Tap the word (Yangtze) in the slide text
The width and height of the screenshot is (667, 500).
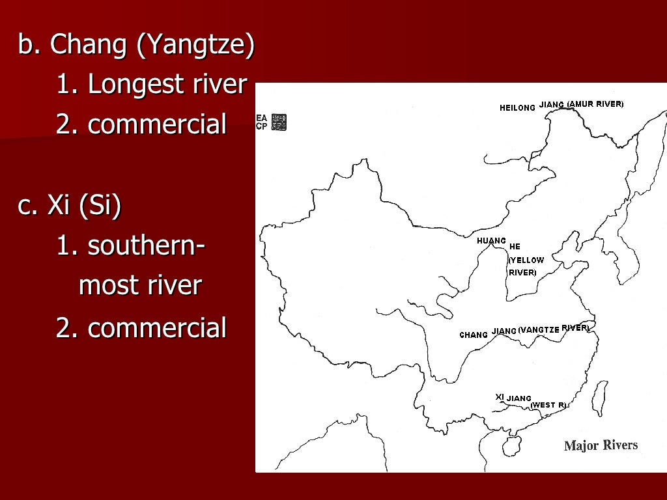(198, 46)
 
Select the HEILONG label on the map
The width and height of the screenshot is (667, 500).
(517, 107)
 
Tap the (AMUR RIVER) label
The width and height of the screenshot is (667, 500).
(595, 104)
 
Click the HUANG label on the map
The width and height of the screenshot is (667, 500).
(491, 241)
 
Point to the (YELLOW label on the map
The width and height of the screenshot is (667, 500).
(526, 260)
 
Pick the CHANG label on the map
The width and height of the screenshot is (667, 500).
(474, 335)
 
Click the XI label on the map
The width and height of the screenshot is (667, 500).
(500, 396)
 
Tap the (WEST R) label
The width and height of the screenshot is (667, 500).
(548, 405)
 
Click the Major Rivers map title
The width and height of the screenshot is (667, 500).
(601, 445)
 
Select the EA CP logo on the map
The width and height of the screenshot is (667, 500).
(270, 122)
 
